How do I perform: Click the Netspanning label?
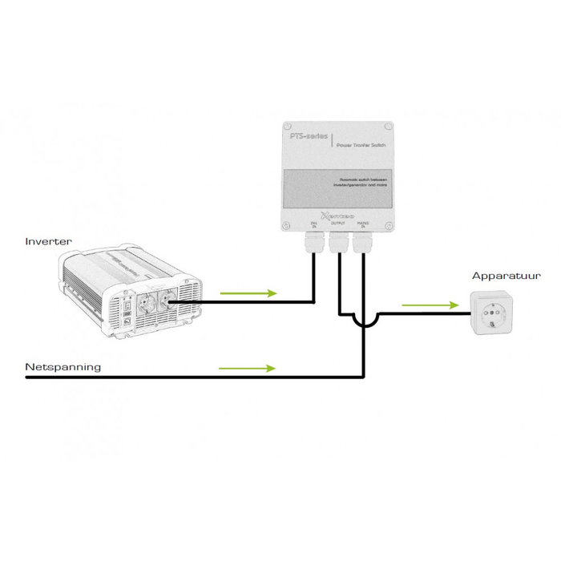[x=63, y=367]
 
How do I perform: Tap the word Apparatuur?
[x=506, y=276]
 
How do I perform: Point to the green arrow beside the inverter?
[x=248, y=293]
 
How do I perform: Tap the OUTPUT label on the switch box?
[x=338, y=225]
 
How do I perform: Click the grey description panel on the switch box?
[x=337, y=187]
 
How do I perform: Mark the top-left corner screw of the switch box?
[x=287, y=127]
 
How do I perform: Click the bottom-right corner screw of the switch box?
[x=388, y=225]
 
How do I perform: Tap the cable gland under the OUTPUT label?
[x=338, y=240]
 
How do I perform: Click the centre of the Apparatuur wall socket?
[x=489, y=314]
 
